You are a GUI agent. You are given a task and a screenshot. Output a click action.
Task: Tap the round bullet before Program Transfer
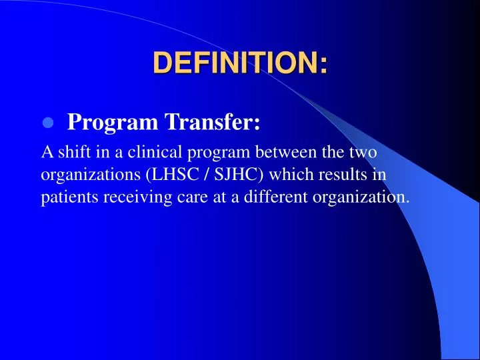point(47,123)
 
